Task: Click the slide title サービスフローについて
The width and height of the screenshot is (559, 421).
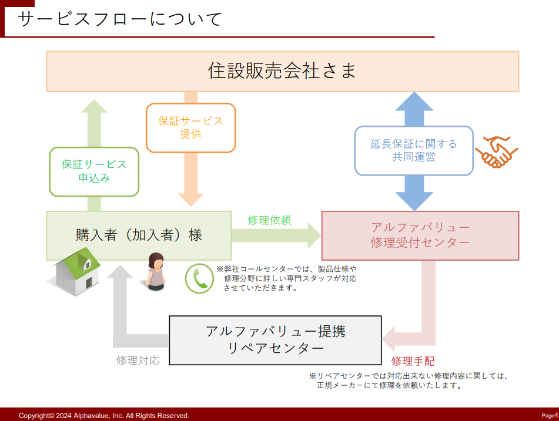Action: tap(120, 19)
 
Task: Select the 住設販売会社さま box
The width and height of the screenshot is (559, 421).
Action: tap(282, 71)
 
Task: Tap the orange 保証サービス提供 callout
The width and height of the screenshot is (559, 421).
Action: tap(190, 127)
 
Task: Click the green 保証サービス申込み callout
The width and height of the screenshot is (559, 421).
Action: tap(94, 170)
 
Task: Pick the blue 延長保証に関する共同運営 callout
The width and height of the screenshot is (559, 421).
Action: tap(414, 150)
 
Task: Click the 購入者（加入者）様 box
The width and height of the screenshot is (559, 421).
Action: tap(139, 235)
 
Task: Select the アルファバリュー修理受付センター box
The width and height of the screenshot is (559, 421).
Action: tap(420, 235)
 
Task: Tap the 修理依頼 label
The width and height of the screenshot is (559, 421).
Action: tap(269, 220)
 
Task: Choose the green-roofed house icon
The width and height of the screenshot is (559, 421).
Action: tap(74, 271)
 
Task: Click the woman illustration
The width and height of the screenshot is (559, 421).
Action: tap(156, 271)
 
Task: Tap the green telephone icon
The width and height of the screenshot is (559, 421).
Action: tap(200, 278)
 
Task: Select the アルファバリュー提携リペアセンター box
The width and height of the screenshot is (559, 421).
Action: tap(275, 340)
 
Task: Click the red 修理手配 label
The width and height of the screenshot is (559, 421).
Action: tap(413, 361)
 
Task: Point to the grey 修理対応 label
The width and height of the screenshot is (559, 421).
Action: tap(138, 361)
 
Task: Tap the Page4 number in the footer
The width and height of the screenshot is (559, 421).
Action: tap(549, 415)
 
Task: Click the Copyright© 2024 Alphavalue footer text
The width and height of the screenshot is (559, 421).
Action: tap(104, 415)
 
